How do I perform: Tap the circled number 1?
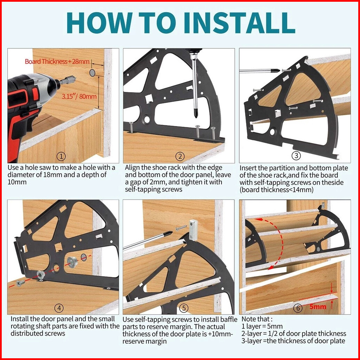point(61,157)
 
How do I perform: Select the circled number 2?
point(180,157)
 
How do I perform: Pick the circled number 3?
point(296,155)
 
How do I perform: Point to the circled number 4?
point(59,308)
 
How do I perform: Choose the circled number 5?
point(184,308)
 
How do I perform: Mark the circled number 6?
point(298,308)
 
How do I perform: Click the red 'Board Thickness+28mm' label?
point(57,62)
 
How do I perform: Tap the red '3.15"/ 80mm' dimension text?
point(79,96)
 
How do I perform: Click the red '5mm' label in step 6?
point(318,307)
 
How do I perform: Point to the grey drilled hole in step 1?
point(92,73)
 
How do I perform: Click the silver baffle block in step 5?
point(193,230)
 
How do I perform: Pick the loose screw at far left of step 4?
point(20,283)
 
